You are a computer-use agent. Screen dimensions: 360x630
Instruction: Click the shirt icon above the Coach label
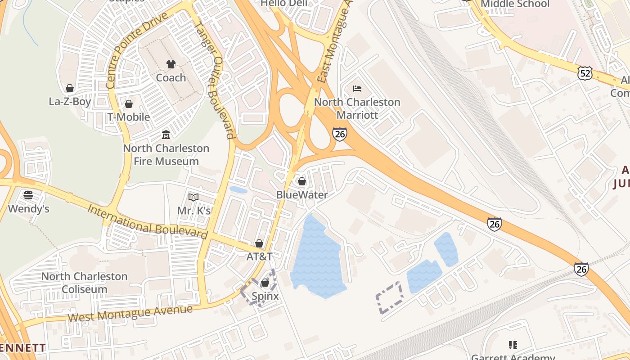(x=171, y=64)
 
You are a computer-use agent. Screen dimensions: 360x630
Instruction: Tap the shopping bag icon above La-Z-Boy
(x=69, y=88)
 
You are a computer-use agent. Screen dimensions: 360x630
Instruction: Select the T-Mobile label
(x=129, y=117)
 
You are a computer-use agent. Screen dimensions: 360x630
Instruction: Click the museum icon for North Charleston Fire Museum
(x=166, y=135)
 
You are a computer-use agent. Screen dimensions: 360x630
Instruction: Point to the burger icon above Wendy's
(x=28, y=195)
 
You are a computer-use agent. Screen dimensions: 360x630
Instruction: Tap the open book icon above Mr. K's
(x=193, y=197)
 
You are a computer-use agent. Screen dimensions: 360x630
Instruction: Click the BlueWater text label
(x=302, y=195)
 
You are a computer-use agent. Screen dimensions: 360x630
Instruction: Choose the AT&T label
(x=259, y=256)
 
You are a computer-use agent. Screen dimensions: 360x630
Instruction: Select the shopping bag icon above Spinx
(x=265, y=283)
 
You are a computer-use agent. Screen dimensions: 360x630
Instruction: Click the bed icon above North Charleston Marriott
(x=357, y=89)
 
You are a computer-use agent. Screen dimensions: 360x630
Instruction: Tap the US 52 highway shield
(x=585, y=73)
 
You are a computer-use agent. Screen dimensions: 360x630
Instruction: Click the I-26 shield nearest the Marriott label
(x=340, y=134)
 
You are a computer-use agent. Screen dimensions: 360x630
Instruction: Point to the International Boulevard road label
(x=148, y=222)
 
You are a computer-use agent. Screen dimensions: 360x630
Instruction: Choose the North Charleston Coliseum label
(x=85, y=283)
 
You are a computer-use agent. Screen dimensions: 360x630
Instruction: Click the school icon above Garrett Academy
(x=513, y=345)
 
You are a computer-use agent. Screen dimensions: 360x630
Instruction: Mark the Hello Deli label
(x=284, y=4)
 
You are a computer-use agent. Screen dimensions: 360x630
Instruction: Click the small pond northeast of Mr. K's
(x=238, y=190)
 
